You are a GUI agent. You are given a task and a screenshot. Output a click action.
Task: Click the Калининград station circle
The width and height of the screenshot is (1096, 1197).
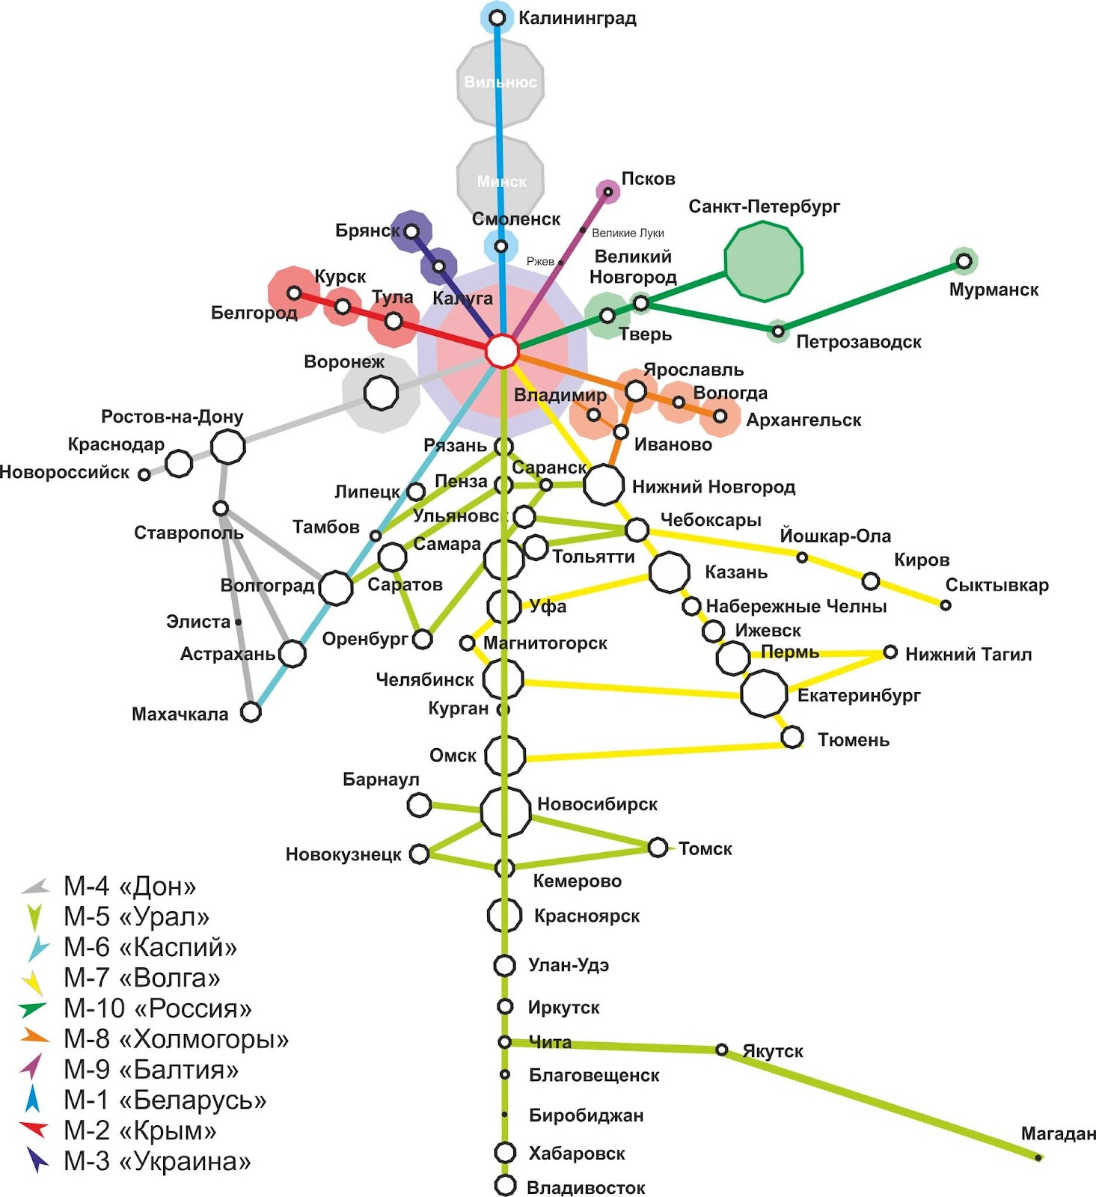(x=498, y=17)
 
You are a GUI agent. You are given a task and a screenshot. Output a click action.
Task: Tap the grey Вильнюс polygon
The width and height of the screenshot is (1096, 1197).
(x=500, y=82)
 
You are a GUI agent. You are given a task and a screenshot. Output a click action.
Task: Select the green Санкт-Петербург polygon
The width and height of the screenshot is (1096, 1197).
(x=763, y=261)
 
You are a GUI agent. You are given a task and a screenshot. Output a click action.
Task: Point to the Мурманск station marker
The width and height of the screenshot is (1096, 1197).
(x=964, y=261)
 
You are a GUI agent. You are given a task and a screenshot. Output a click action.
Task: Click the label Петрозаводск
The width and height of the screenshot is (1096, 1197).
(x=858, y=342)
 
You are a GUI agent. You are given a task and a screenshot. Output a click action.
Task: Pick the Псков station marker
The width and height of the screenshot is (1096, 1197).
(x=608, y=192)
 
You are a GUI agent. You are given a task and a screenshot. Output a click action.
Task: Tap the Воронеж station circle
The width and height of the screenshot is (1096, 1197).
(x=381, y=392)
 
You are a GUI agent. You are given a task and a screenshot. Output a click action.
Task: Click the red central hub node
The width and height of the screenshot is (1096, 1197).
(x=502, y=351)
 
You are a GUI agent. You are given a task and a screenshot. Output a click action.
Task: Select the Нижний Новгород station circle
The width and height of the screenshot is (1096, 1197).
(x=603, y=484)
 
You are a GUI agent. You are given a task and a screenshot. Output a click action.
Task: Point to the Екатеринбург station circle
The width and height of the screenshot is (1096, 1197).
(x=764, y=693)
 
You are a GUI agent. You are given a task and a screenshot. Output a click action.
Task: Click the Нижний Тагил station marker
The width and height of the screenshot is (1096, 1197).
(x=890, y=652)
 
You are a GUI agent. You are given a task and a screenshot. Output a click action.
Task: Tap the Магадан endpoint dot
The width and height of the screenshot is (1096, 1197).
(x=1038, y=1157)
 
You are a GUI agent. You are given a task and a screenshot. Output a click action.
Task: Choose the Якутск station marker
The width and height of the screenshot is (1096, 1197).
(x=721, y=1050)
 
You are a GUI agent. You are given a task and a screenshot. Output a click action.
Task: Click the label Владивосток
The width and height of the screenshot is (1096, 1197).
(x=586, y=1188)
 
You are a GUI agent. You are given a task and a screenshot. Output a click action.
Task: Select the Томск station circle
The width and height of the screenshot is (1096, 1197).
(x=658, y=847)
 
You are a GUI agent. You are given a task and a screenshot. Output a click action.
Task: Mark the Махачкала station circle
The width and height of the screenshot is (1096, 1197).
(x=251, y=711)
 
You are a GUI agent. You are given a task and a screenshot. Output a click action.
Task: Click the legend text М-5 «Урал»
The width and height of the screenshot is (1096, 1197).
(x=136, y=916)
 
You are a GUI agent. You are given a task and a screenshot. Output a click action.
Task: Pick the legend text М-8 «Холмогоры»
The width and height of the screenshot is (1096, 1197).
(x=176, y=1039)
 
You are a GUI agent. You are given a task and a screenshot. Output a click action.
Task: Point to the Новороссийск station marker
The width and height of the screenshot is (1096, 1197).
(x=144, y=474)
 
